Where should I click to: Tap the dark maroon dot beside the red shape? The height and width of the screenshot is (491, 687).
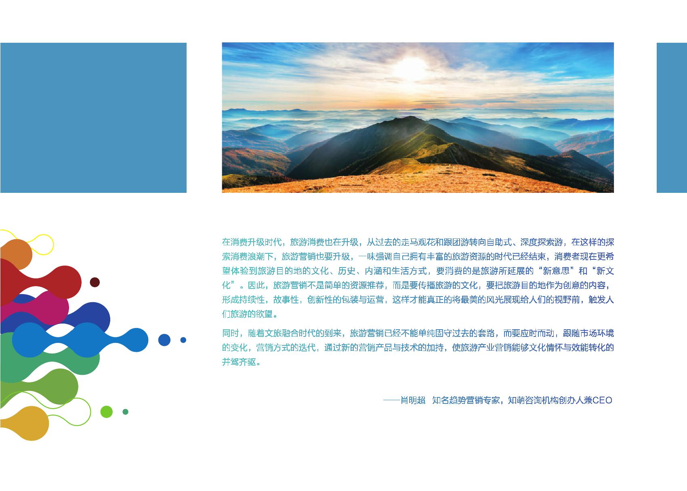[x=95, y=282]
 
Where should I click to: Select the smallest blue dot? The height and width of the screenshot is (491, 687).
[x=183, y=340]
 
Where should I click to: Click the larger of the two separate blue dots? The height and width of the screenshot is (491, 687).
[x=164, y=340]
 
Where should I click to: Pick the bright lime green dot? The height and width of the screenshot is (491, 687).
[x=107, y=412]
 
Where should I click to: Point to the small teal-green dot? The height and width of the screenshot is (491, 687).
[x=126, y=412]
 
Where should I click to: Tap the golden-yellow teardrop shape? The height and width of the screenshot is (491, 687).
[x=26, y=424]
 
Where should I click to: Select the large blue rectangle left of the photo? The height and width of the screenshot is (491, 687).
[x=93, y=118]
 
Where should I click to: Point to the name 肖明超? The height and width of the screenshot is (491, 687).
[x=413, y=400]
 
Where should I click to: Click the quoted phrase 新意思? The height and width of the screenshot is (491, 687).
[x=556, y=271]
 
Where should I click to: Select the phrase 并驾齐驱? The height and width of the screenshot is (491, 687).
[x=239, y=362]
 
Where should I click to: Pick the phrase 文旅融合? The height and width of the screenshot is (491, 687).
[x=282, y=333]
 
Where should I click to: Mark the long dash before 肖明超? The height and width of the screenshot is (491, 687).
[x=392, y=400]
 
